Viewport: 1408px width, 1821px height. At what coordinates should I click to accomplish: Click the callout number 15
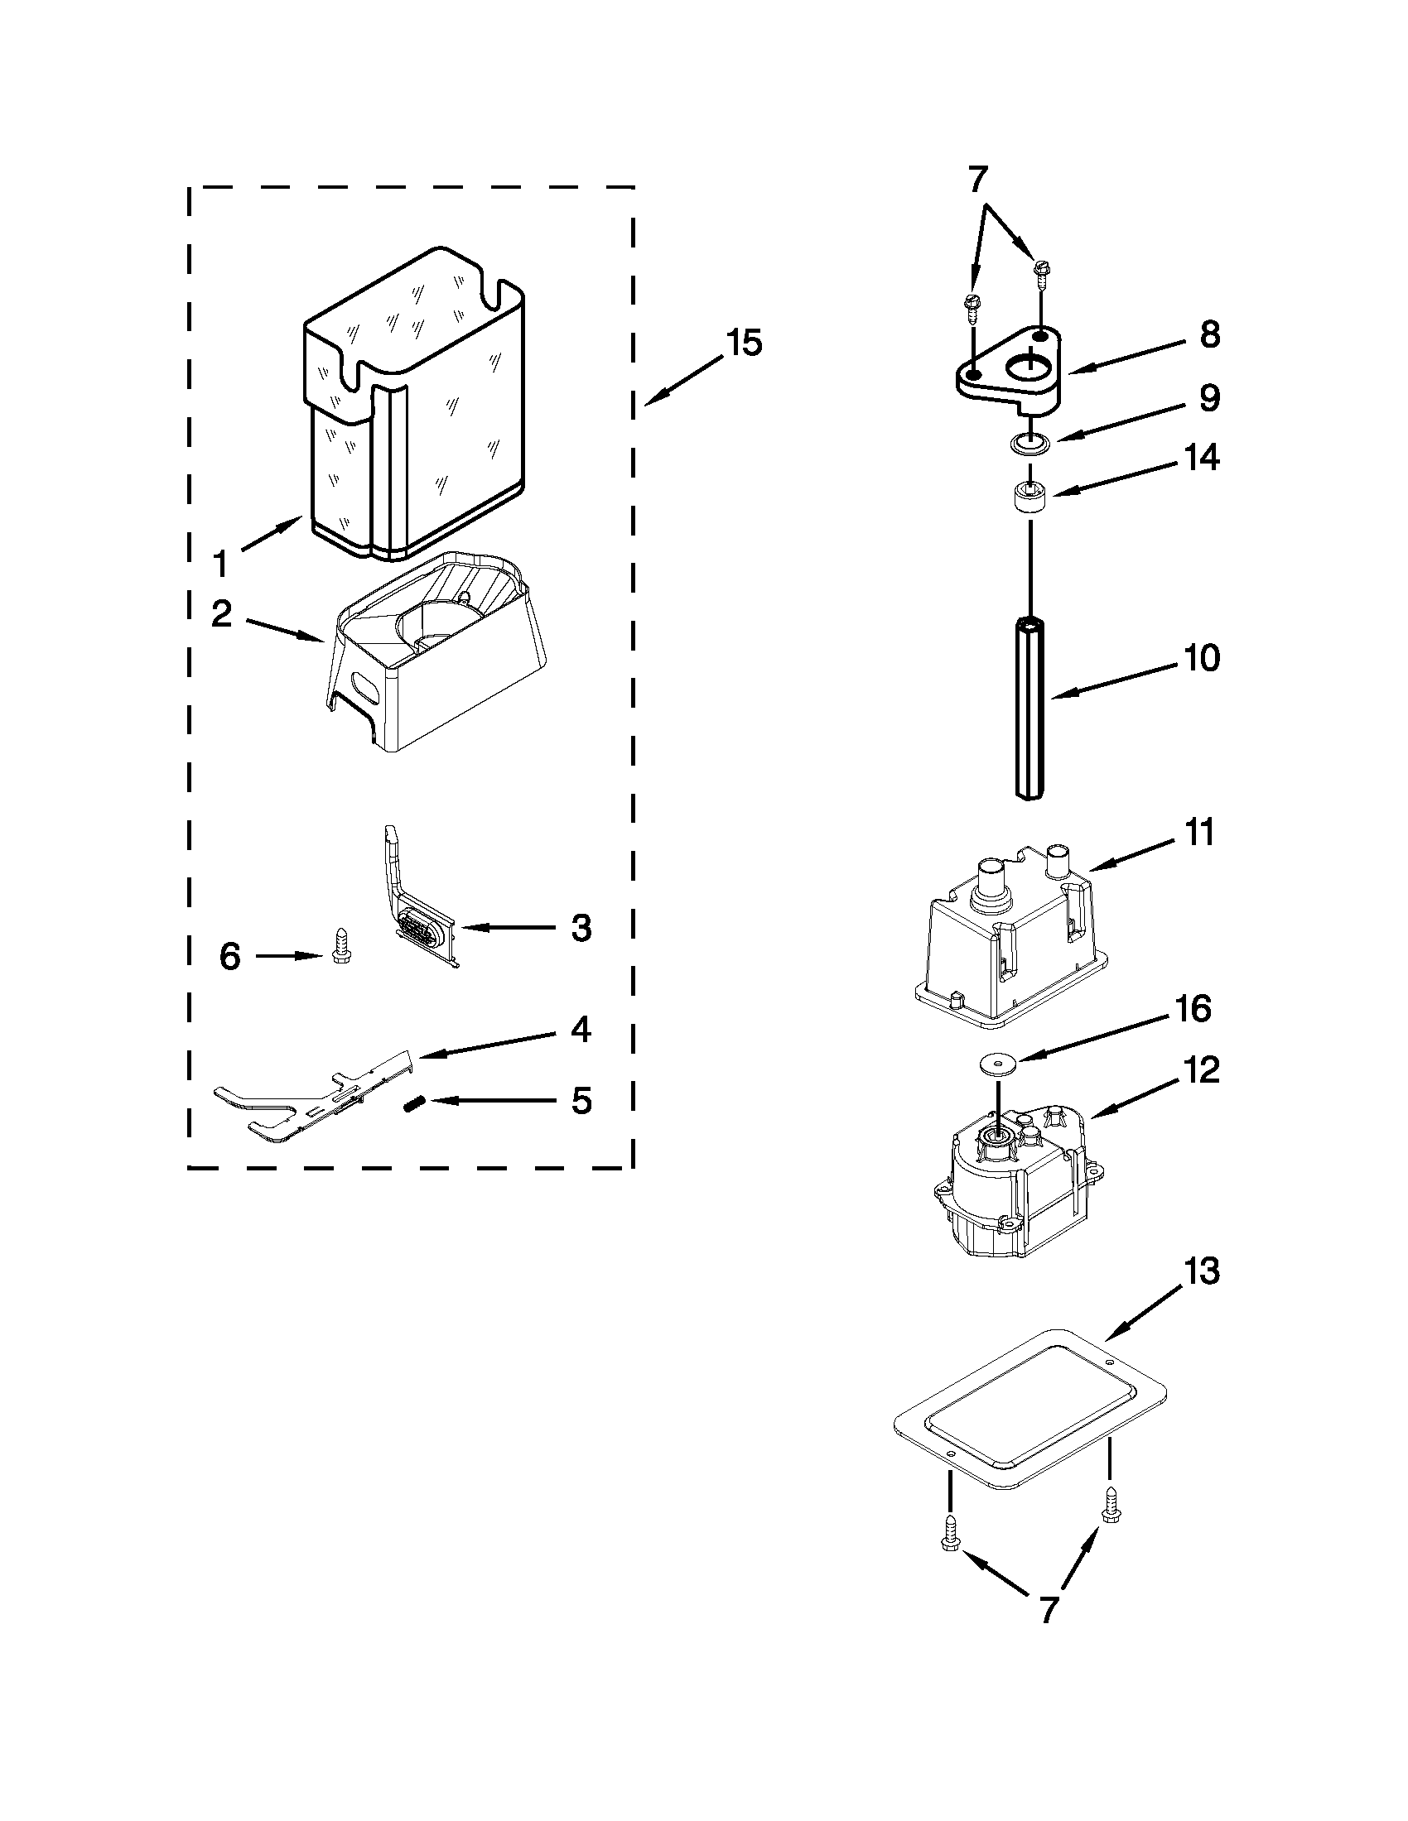click(743, 344)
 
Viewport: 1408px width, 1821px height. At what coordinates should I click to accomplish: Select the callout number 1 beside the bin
click(219, 565)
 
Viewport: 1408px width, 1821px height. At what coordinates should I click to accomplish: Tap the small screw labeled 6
click(340, 946)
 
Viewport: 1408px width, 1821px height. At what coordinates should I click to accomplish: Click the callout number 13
click(1202, 1272)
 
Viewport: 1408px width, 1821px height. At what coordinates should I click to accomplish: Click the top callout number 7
click(976, 180)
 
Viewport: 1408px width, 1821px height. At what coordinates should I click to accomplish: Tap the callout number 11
click(1198, 833)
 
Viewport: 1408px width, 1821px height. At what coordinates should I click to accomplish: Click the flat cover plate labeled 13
click(1029, 1411)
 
